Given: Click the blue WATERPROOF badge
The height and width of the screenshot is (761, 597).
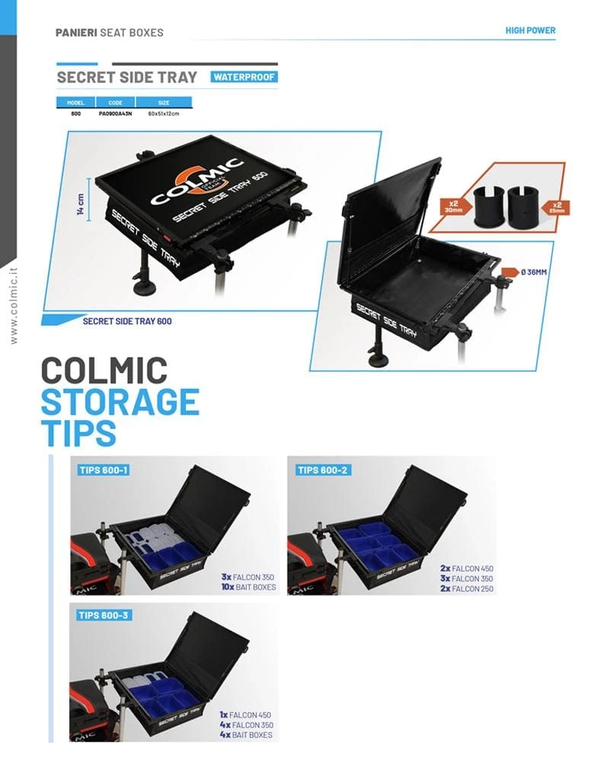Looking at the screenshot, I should (x=244, y=77).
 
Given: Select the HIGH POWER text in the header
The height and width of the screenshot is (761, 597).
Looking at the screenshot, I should (x=530, y=31).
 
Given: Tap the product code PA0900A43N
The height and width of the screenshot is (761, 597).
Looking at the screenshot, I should (x=116, y=113).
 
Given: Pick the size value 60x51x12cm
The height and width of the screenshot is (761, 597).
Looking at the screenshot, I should (x=164, y=113).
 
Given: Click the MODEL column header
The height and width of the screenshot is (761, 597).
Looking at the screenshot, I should (x=75, y=102).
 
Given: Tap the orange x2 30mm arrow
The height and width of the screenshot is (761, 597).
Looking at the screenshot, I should (x=452, y=204).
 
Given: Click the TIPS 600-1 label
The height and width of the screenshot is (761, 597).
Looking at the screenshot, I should (x=104, y=470).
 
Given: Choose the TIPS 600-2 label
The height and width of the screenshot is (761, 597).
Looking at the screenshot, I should (x=321, y=470).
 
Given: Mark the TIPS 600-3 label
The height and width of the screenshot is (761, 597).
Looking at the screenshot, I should (x=104, y=615).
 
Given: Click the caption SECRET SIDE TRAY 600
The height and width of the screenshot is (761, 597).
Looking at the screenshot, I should (x=126, y=321).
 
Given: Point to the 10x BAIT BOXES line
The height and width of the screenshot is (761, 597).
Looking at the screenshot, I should (x=247, y=588).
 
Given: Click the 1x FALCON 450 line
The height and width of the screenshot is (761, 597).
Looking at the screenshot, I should (x=245, y=715).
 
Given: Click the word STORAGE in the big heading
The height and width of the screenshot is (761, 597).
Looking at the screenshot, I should (x=120, y=402).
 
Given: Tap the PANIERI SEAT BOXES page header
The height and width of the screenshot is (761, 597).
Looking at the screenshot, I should (x=109, y=33).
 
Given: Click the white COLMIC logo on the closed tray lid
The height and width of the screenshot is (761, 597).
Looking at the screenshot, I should (x=196, y=183).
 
